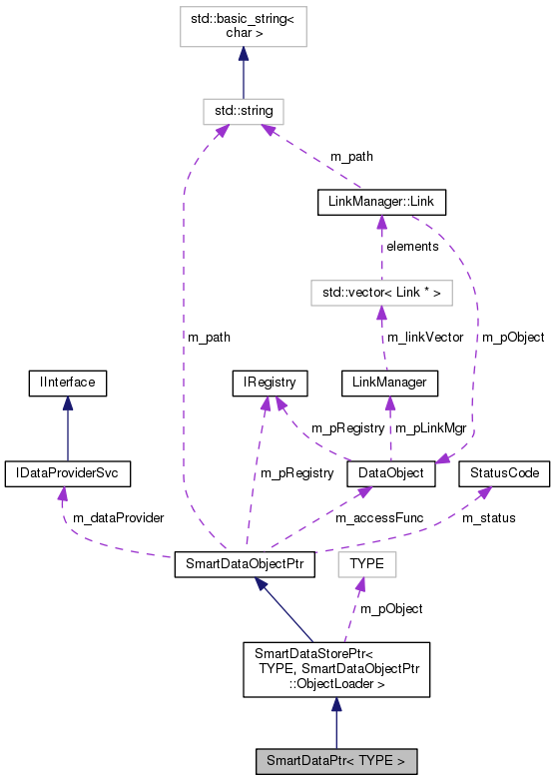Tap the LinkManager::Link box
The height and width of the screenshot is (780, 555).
click(x=380, y=202)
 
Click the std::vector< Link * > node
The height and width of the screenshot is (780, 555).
click(x=380, y=292)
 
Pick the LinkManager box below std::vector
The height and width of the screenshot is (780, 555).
click(x=389, y=382)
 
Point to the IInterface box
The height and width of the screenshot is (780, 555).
click(x=67, y=382)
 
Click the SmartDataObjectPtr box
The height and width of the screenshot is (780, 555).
click(x=245, y=564)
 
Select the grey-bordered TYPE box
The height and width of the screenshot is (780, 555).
click(x=367, y=564)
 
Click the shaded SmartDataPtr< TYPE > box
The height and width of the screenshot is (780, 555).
click(x=335, y=761)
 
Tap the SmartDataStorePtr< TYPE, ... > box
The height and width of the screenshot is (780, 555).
click(x=336, y=669)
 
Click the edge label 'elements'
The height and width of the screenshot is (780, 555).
click(x=412, y=246)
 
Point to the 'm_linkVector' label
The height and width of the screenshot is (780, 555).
click(x=425, y=337)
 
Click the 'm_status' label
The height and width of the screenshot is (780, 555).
click(x=488, y=517)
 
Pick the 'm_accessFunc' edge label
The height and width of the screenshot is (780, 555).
click(x=373, y=518)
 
